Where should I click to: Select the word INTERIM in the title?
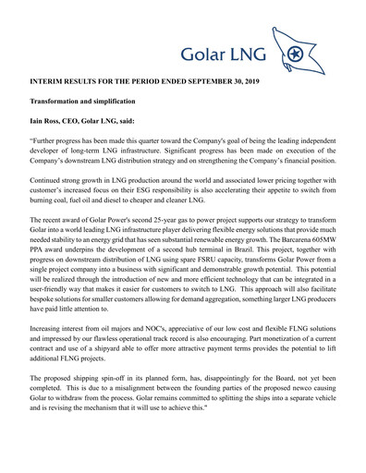point(50,82)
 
